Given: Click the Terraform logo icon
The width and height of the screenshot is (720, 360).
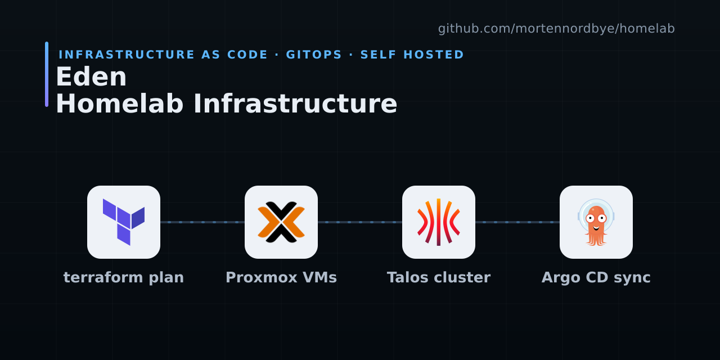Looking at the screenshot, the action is pos(124,222).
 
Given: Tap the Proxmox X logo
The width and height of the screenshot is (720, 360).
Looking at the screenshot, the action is pos(281,222).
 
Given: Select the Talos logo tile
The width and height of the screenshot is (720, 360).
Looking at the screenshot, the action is pos(439,222).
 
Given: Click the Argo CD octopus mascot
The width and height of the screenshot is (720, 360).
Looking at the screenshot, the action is pos(596,222).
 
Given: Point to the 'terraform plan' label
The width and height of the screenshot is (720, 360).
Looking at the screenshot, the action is pos(124,277).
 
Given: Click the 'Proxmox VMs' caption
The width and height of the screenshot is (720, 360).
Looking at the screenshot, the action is pos(281,277).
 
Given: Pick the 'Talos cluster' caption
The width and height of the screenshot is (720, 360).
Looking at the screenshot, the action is pos(439,277).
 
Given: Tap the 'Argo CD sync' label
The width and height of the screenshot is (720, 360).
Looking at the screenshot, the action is pos(596,278).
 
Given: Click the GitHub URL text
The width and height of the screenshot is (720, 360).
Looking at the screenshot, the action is pos(556,29).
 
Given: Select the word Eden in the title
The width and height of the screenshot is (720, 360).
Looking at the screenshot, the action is pos(91,77).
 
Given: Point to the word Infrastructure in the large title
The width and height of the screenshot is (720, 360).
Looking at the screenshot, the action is pos(295,104).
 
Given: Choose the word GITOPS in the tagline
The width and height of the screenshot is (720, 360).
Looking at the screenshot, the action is pos(314,55).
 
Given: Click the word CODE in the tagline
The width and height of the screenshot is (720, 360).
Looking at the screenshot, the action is pos(247,55).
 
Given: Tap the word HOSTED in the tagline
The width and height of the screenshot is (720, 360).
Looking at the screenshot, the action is pos(434,55).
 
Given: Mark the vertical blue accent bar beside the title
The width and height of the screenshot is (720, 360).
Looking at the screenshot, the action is pos(47,74).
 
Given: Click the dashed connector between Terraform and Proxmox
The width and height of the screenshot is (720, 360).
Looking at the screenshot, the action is pos(202,222).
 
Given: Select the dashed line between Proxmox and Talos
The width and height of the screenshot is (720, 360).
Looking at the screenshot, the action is pos(360,222).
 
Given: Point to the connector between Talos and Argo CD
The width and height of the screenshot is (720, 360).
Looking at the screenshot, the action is pos(517,222).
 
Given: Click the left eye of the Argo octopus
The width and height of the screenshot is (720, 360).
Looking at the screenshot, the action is pos(590,219).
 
